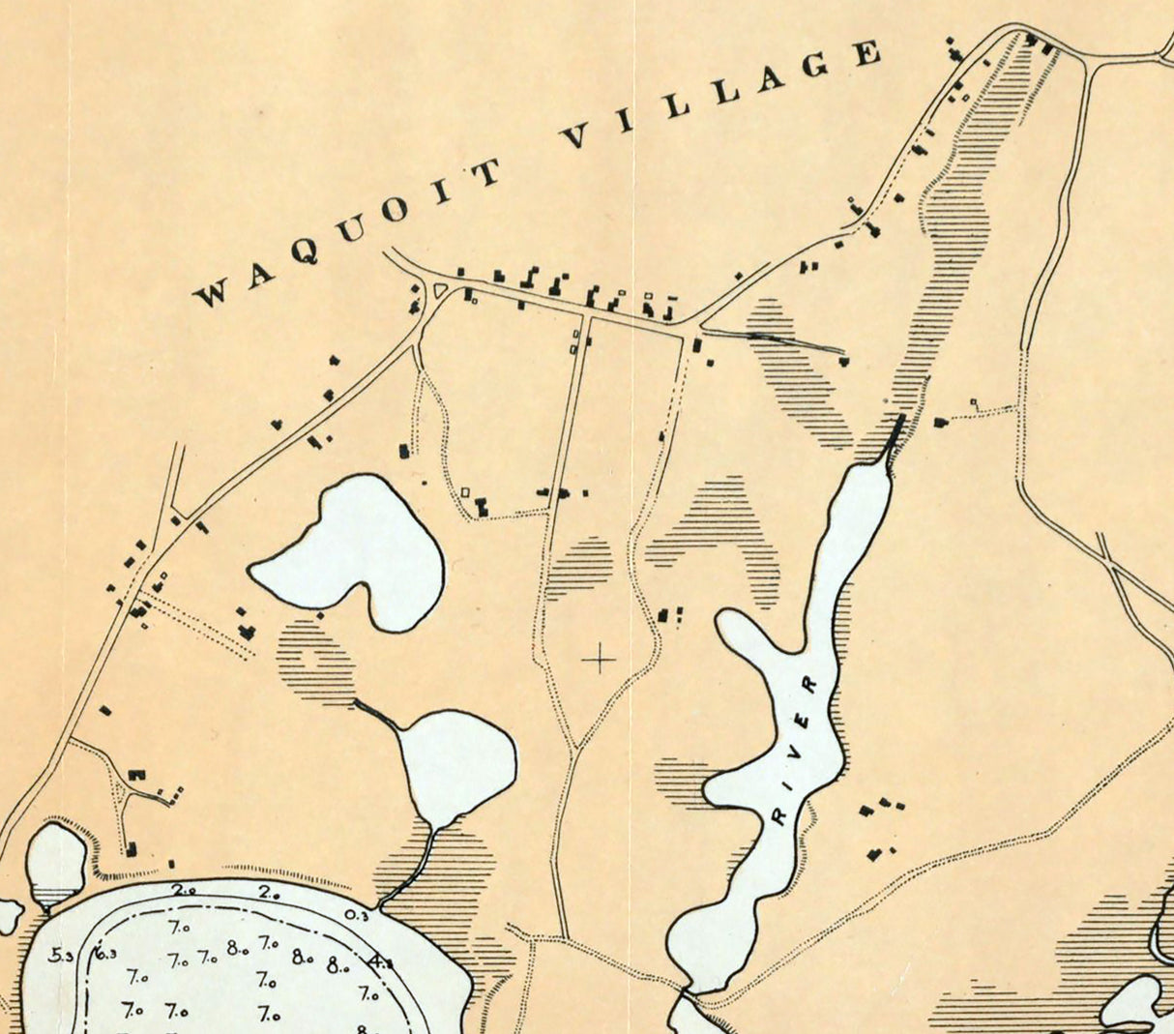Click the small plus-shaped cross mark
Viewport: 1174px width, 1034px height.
pyautogui.click(x=600, y=660)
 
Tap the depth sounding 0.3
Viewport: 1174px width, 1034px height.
pyautogui.click(x=356, y=915)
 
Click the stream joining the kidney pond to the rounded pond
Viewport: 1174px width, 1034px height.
pyautogui.click(x=377, y=714)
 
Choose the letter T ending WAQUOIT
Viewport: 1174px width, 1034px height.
pyautogui.click(x=485, y=172)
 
